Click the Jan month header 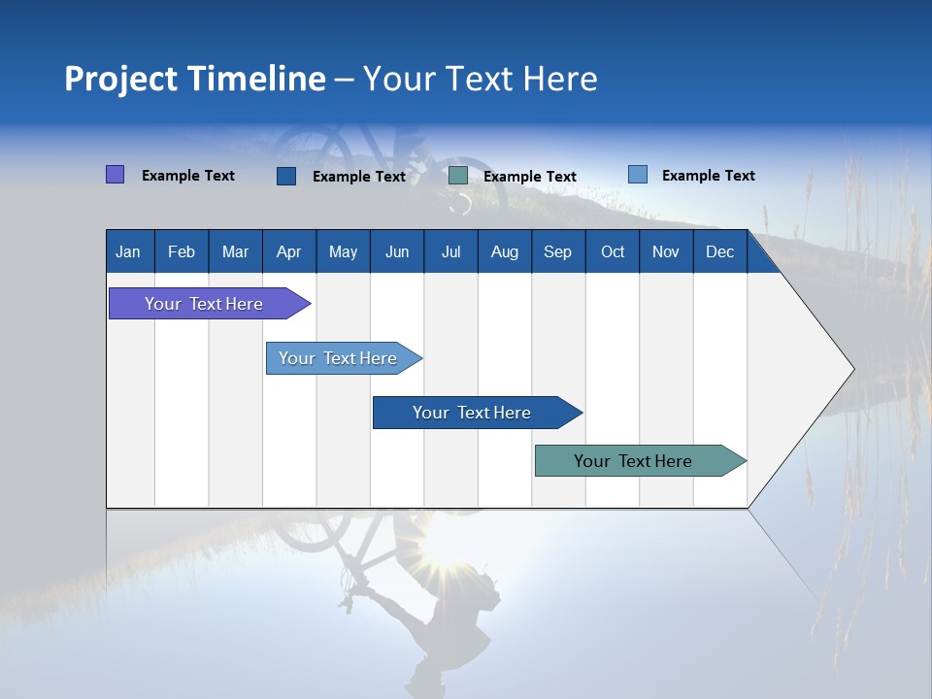128,251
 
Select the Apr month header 288,251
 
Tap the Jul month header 450,251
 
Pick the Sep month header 557,251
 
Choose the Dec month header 719,251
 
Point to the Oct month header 613,251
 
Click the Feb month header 182,251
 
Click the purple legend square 115,175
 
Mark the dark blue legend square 286,176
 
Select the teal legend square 458,176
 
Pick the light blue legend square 637,175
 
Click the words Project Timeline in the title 194,79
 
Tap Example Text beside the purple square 188,176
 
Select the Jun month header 397,251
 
